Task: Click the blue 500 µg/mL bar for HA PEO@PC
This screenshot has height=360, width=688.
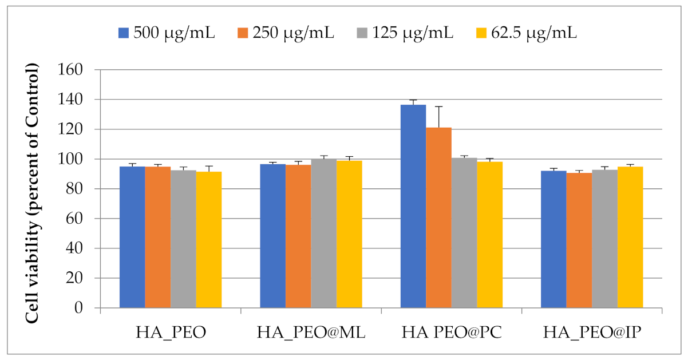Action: click(413, 206)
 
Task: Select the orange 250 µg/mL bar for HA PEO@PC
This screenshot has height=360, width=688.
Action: click(438, 217)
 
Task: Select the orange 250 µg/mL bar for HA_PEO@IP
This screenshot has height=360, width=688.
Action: click(579, 240)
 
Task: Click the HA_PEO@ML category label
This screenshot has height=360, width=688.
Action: click(311, 332)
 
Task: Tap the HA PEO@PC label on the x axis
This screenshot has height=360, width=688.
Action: click(452, 332)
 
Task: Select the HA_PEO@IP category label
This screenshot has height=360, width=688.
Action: click(592, 332)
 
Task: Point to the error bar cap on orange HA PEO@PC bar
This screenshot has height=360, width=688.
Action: click(438, 106)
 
